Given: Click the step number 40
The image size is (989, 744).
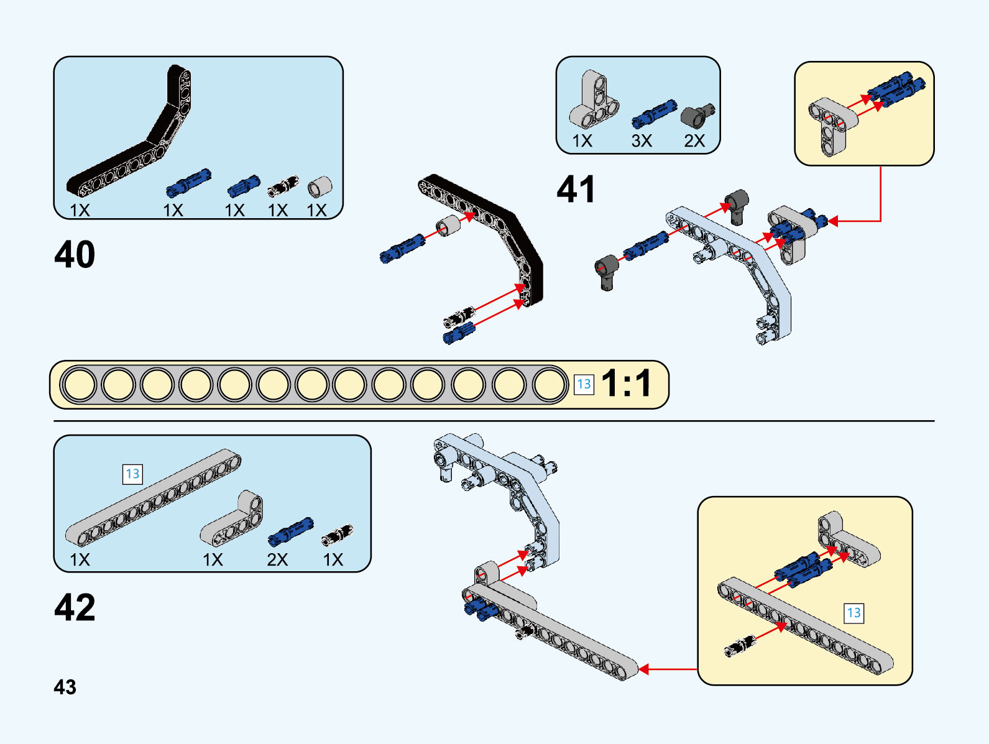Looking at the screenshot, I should (x=75, y=254).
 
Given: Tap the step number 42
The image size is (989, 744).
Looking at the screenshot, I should (x=75, y=607).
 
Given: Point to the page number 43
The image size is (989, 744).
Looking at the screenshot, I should (x=65, y=687).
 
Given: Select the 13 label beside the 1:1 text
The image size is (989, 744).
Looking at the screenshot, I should (x=584, y=384).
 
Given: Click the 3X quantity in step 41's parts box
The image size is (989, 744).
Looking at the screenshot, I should (x=642, y=141).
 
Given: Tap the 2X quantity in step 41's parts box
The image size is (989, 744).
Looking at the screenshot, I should (x=694, y=141).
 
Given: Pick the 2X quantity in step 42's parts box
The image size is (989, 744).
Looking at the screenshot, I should (x=277, y=559).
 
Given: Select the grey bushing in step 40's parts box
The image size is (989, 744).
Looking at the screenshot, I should (x=320, y=186).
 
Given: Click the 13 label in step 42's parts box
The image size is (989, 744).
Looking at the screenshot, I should (x=132, y=474).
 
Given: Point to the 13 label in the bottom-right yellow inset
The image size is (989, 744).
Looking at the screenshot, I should (x=853, y=613).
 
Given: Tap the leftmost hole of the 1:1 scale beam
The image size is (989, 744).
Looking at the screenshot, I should (x=80, y=384).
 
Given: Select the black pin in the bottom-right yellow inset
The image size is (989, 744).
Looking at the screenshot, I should (x=740, y=646).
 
